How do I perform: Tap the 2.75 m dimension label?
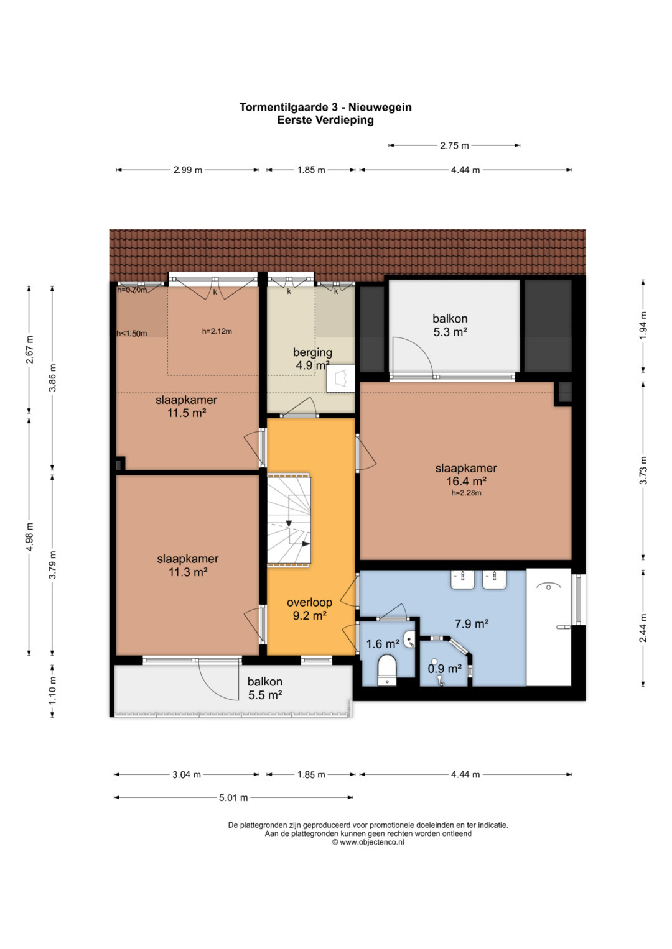click(454, 145)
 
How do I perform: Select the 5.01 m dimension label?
click(233, 798)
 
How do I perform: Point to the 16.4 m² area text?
click(466, 481)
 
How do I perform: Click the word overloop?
click(309, 602)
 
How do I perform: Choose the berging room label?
click(312, 352)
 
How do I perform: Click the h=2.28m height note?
click(466, 493)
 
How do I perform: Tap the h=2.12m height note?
click(217, 331)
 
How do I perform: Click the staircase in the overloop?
click(289, 519)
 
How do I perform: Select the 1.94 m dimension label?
click(643, 326)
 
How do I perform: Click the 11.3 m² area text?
click(188, 572)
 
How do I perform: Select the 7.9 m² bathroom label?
click(472, 623)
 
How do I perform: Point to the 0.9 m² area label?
click(445, 669)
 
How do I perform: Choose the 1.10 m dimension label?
click(52, 690)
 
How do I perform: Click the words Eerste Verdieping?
click(325, 120)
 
